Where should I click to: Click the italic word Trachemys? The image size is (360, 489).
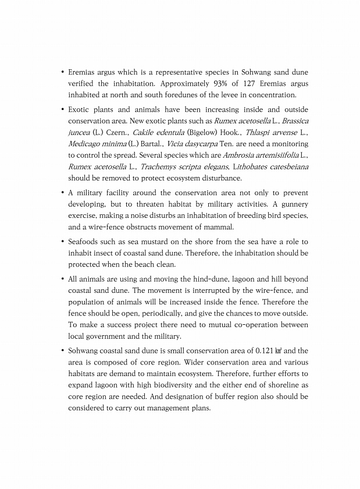click(x=158, y=166)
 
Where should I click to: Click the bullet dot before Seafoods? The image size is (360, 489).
click(x=62, y=242)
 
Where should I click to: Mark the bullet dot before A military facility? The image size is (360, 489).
click(x=62, y=193)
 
